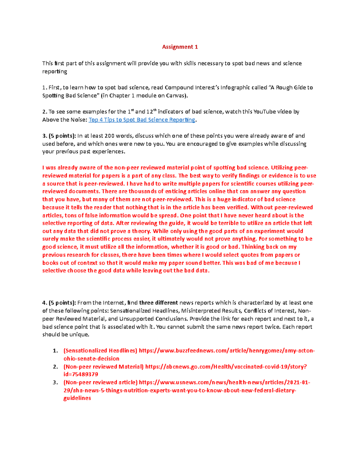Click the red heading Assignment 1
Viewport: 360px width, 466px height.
[x=180, y=47]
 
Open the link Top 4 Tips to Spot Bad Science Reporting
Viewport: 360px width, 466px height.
[x=142, y=120]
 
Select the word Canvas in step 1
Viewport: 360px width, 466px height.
[x=175, y=96]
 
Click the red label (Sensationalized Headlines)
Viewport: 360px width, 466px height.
[x=100, y=351]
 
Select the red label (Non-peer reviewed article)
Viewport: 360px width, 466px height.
[x=100, y=383]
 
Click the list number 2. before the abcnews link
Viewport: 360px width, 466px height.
[x=55, y=367]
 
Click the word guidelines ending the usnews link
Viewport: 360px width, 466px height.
[x=77, y=398]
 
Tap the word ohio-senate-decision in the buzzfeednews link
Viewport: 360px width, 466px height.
[x=91, y=359]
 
